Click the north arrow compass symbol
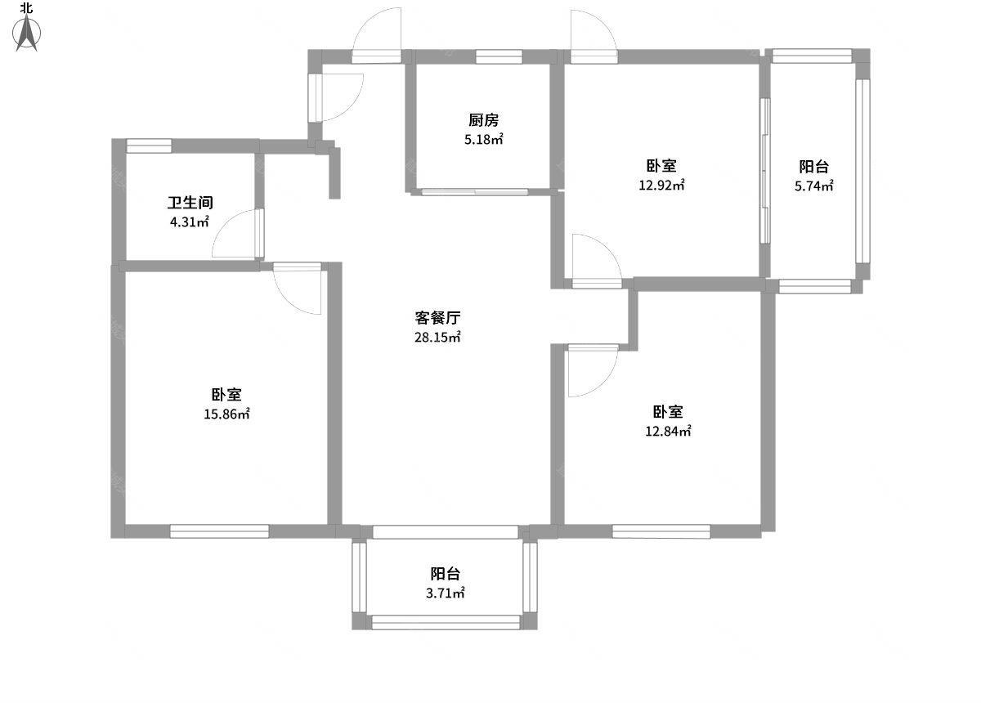click(27, 33)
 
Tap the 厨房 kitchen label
click(483, 120)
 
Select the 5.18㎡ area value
click(483, 139)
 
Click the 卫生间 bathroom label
click(190, 203)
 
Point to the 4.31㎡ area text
click(189, 222)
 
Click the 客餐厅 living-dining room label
click(437, 317)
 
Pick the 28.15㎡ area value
click(437, 337)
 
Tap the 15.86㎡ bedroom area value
click(226, 414)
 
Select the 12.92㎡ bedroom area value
click(661, 185)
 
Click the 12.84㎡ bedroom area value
click(668, 431)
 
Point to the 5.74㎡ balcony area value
click(813, 186)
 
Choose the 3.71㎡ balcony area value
click(445, 593)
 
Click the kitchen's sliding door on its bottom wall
click(475, 191)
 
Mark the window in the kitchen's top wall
click(499, 56)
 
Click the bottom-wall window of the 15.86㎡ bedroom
click(219, 531)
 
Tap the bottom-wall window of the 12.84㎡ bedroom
click(661, 531)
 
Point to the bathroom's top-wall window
click(149, 146)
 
